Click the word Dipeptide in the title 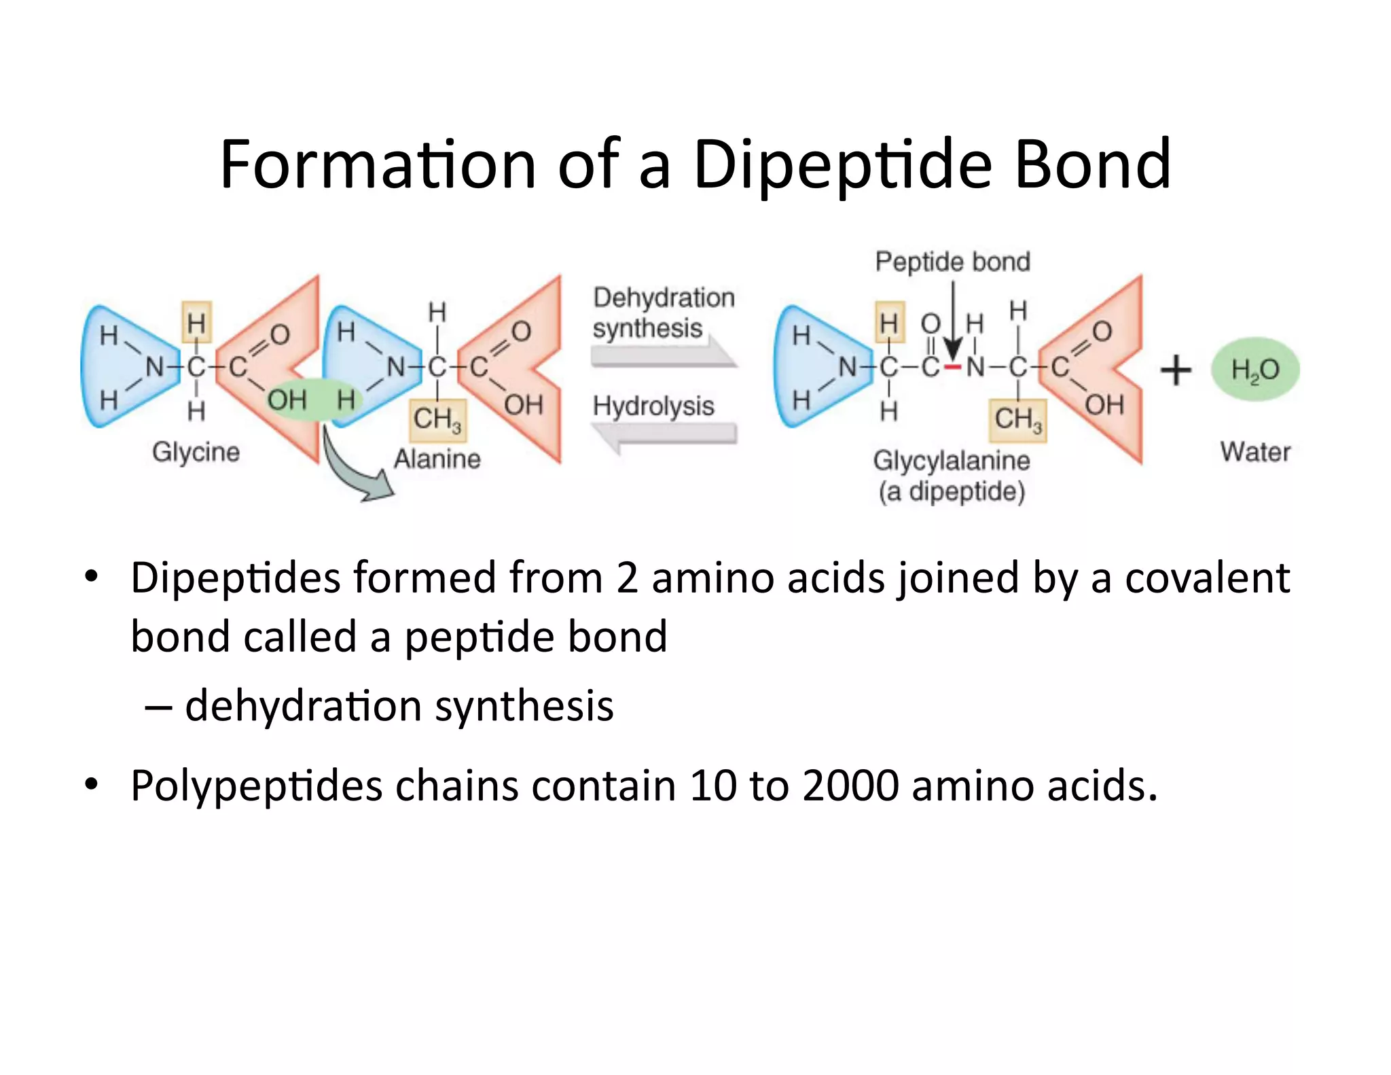(x=842, y=165)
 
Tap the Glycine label (x=196, y=452)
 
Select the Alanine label (x=437, y=459)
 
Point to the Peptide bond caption (x=952, y=262)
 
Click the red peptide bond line (x=953, y=368)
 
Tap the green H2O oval (x=1255, y=370)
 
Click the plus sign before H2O (x=1176, y=371)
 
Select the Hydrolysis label (x=653, y=406)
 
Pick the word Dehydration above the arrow (x=664, y=298)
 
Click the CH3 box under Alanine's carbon (x=437, y=420)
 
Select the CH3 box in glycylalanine (x=1017, y=420)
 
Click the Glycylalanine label (x=952, y=461)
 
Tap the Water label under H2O (x=1255, y=452)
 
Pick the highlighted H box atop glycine (x=196, y=322)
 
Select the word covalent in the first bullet (x=1207, y=578)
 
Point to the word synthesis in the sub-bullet (x=524, y=706)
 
